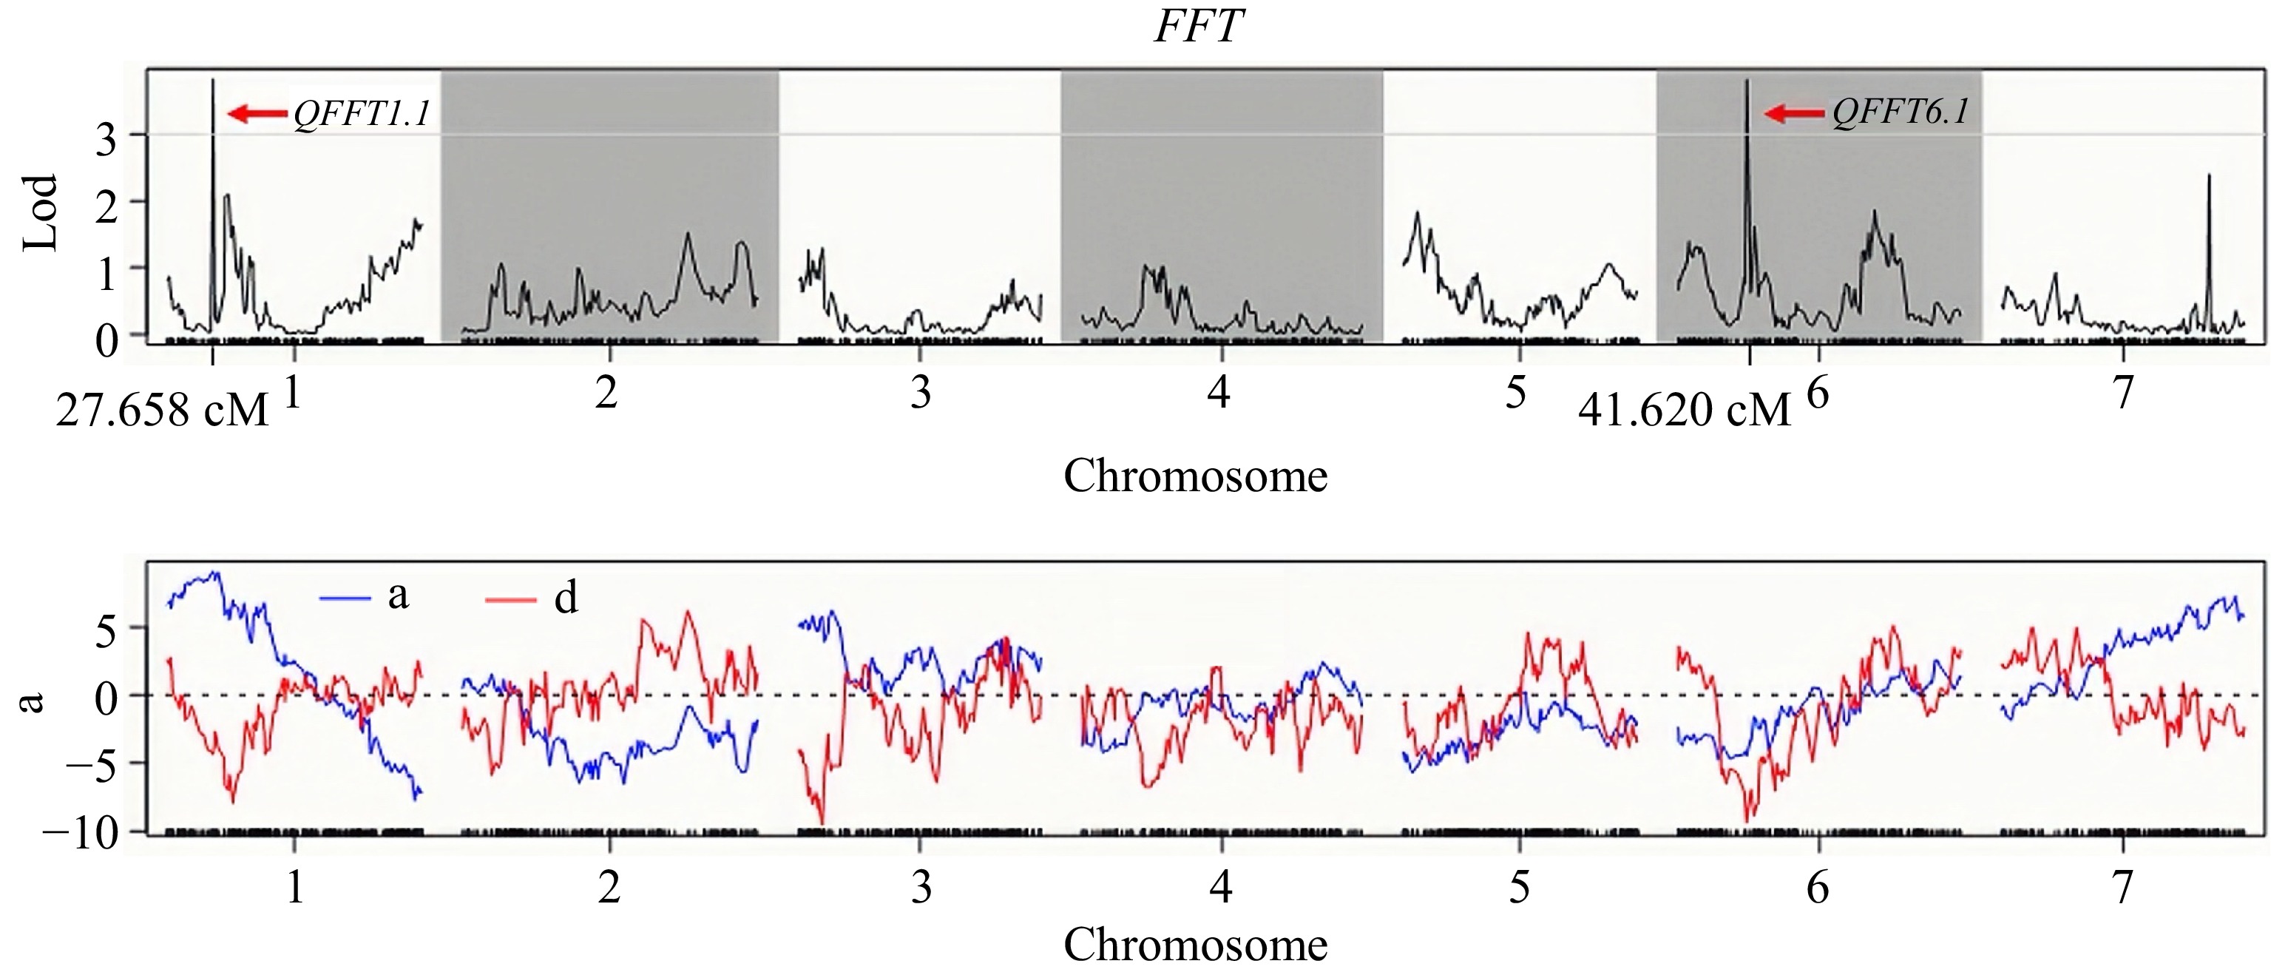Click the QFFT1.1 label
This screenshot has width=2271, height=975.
click(x=362, y=114)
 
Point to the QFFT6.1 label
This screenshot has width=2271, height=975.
click(x=1901, y=113)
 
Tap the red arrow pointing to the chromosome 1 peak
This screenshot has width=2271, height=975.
click(x=257, y=113)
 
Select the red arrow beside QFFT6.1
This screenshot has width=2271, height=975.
click(x=1795, y=113)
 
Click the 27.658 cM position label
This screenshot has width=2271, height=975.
click(x=161, y=411)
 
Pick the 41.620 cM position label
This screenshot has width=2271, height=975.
click(x=1685, y=411)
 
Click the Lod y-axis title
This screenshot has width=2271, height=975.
click(x=40, y=213)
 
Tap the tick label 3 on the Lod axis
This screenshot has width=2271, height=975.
click(x=106, y=138)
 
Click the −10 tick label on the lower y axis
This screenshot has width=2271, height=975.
click(x=80, y=832)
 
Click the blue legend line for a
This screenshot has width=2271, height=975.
click(x=345, y=598)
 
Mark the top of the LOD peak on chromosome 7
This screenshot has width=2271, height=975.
click(x=2208, y=175)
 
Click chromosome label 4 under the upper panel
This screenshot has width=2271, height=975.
click(x=1219, y=391)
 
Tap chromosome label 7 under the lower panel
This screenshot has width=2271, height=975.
click(x=2123, y=886)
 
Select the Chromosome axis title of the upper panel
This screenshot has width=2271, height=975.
click(x=1196, y=477)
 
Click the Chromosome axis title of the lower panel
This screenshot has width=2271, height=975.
click(x=1196, y=945)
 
